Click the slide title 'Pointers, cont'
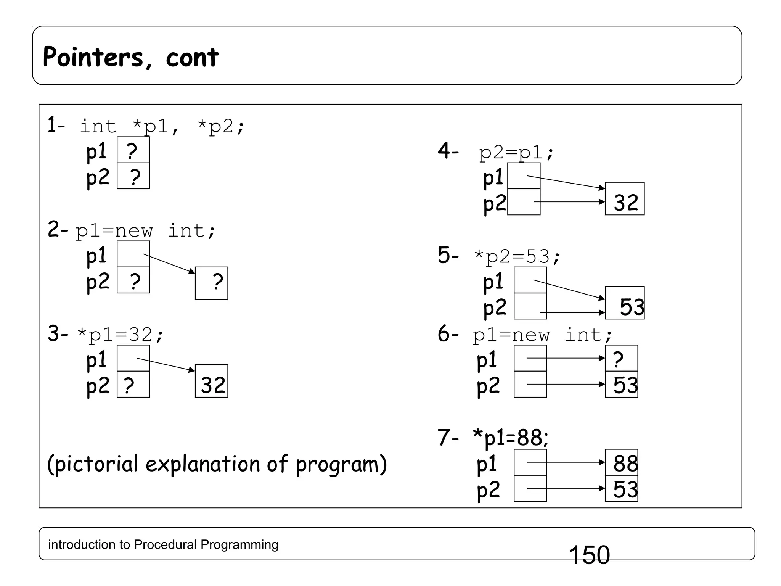click(131, 57)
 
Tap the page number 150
click(589, 555)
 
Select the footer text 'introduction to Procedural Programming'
click(163, 544)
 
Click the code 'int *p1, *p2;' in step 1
click(162, 126)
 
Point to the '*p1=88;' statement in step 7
click(511, 437)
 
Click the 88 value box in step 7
click(622, 463)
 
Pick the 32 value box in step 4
click(625, 199)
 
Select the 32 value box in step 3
click(212, 381)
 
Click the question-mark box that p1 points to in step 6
click(621, 359)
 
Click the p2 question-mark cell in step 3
click(133, 385)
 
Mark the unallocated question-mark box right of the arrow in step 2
click(212, 283)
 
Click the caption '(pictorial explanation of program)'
click(217, 464)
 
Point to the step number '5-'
click(448, 255)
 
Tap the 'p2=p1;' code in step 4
click(516, 153)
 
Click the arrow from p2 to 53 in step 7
click(566, 488)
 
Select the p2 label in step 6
click(488, 386)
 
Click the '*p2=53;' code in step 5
click(517, 256)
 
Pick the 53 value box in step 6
click(622, 385)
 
